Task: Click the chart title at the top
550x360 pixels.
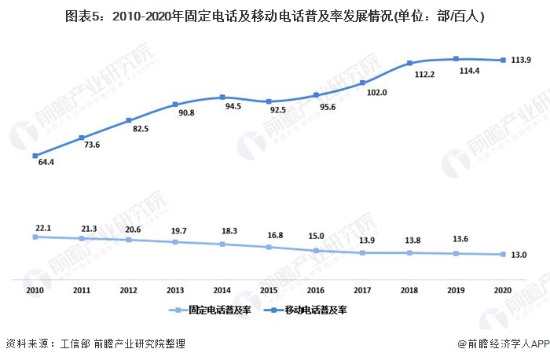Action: point(274,15)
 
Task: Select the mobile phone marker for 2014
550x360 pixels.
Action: point(222,97)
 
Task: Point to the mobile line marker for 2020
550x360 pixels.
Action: point(503,60)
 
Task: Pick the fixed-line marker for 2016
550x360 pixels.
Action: point(316,250)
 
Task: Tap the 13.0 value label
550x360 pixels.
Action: point(518,255)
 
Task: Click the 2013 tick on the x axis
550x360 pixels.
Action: point(175,290)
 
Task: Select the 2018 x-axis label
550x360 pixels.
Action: point(409,290)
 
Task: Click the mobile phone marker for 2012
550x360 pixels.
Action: point(129,120)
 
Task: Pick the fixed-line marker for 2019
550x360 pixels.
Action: point(456,253)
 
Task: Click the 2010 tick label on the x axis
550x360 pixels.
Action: point(35,290)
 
